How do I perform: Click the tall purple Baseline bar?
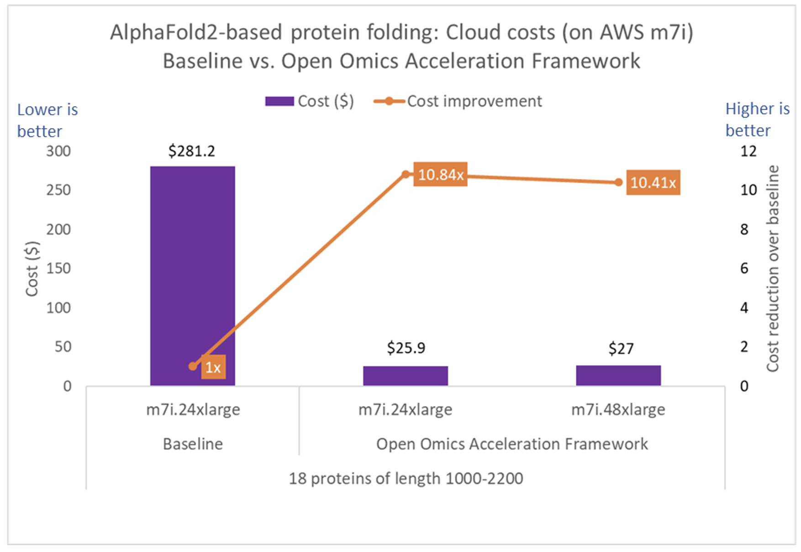click(192, 274)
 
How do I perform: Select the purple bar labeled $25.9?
click(405, 376)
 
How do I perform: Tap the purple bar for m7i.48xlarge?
click(618, 375)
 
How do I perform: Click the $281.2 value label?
click(191, 151)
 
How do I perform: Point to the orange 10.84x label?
click(440, 175)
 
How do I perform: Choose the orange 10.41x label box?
click(653, 183)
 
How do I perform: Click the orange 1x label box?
click(213, 367)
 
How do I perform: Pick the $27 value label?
click(621, 349)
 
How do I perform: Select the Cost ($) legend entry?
click(310, 101)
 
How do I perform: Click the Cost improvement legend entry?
click(458, 101)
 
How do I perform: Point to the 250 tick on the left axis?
click(58, 190)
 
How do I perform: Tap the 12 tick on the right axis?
click(748, 151)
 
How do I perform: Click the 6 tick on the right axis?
click(744, 268)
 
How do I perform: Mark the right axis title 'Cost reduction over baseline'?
click(772, 269)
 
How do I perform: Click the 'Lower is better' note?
click(47, 120)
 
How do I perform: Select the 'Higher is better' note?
click(757, 119)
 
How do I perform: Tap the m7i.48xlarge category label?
click(618, 409)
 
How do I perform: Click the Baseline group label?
click(193, 444)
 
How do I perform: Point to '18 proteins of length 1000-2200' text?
click(406, 478)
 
